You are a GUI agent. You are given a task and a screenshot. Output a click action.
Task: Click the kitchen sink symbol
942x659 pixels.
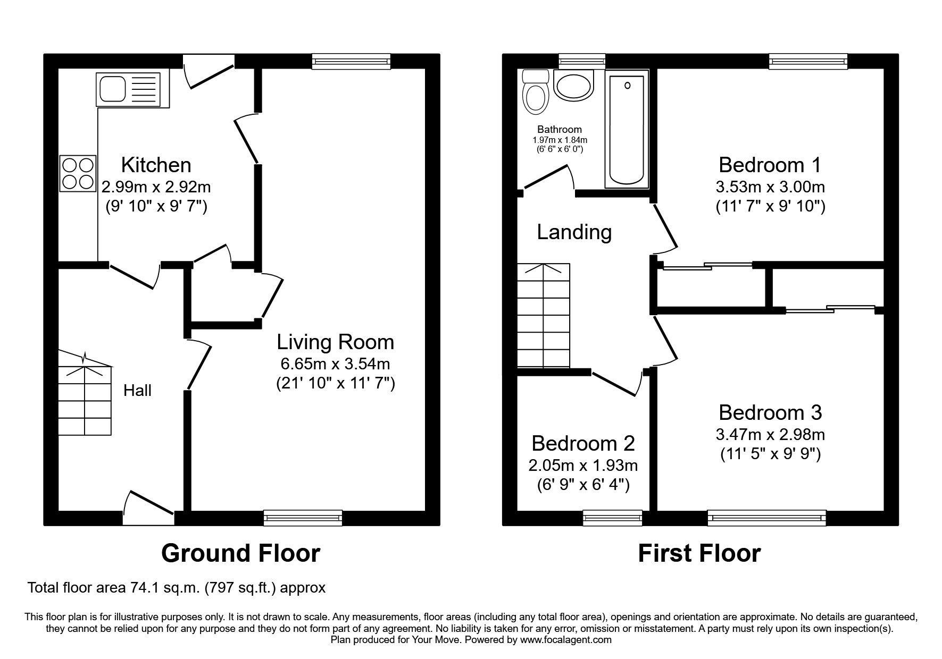(x=128, y=89)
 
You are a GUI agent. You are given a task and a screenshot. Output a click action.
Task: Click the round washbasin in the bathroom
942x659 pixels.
(x=573, y=86)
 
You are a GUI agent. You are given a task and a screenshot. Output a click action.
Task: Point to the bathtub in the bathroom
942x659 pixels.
(x=627, y=131)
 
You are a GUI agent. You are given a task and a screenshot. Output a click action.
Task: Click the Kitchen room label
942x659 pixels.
(x=156, y=165)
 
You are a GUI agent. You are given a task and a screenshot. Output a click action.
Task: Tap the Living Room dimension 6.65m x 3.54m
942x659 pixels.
(x=335, y=364)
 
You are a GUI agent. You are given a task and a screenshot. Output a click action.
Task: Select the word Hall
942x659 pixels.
(x=137, y=391)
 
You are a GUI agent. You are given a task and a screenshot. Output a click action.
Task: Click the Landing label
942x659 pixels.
(x=574, y=232)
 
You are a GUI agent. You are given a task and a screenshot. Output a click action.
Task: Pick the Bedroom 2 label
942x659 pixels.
(x=583, y=443)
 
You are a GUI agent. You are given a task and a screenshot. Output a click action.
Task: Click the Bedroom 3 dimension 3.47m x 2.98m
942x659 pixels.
(x=770, y=435)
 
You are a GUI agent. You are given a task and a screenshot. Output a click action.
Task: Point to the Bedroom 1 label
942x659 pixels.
(x=770, y=165)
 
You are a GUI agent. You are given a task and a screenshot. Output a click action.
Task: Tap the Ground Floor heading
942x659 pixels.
(x=240, y=553)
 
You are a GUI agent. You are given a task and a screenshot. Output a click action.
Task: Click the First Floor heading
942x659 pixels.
(x=699, y=553)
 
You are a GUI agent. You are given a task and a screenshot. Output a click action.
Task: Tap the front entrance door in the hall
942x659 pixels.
(x=148, y=509)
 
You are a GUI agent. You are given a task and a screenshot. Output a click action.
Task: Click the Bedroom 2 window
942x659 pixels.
(x=612, y=517)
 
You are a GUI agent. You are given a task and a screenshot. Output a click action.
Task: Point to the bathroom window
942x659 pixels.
(x=582, y=61)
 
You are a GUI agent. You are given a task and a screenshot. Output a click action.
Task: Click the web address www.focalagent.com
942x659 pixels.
(x=566, y=640)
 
